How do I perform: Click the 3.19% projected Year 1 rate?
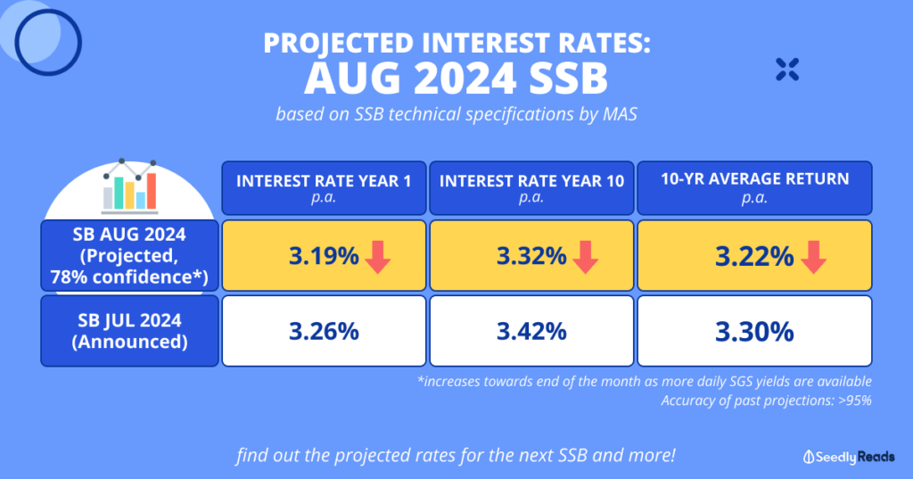click(x=323, y=257)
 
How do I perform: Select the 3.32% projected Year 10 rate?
click(x=531, y=257)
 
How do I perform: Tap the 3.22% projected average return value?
click(x=753, y=257)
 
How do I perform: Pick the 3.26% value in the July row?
click(x=324, y=332)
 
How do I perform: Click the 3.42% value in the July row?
click(x=531, y=332)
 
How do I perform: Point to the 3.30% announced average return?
click(x=754, y=332)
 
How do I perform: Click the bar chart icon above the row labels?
click(x=129, y=186)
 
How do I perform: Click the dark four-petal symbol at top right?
click(x=787, y=70)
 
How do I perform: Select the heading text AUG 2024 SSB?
click(x=456, y=79)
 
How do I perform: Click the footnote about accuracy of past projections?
click(x=766, y=401)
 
